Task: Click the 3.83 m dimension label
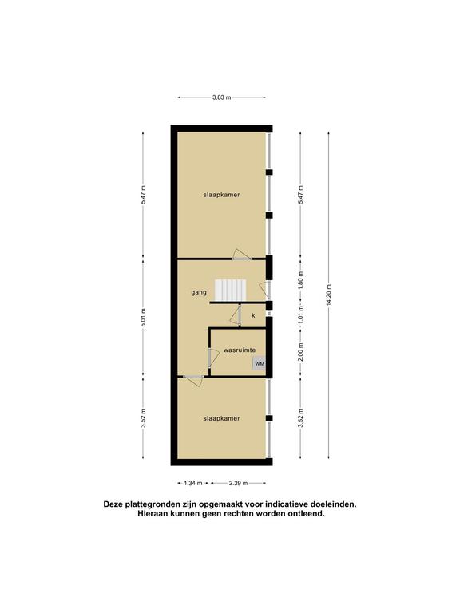[x=221, y=97]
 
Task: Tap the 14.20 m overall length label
[x=328, y=295]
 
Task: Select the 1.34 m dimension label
[x=193, y=483]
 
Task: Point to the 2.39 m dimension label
[x=238, y=483]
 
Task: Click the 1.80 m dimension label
[x=301, y=280]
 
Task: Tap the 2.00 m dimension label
[x=301, y=353]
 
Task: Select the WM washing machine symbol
[x=260, y=364]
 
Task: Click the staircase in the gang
[x=230, y=291]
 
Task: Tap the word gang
[x=199, y=292]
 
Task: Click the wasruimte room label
[x=240, y=350]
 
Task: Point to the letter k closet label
[x=253, y=315]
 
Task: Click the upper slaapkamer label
[x=221, y=195]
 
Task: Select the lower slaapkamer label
[x=221, y=418]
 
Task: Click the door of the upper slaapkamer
[x=241, y=255]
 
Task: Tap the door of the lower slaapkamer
[x=193, y=381]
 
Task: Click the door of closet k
[x=236, y=315]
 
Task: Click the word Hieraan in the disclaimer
[x=153, y=514]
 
